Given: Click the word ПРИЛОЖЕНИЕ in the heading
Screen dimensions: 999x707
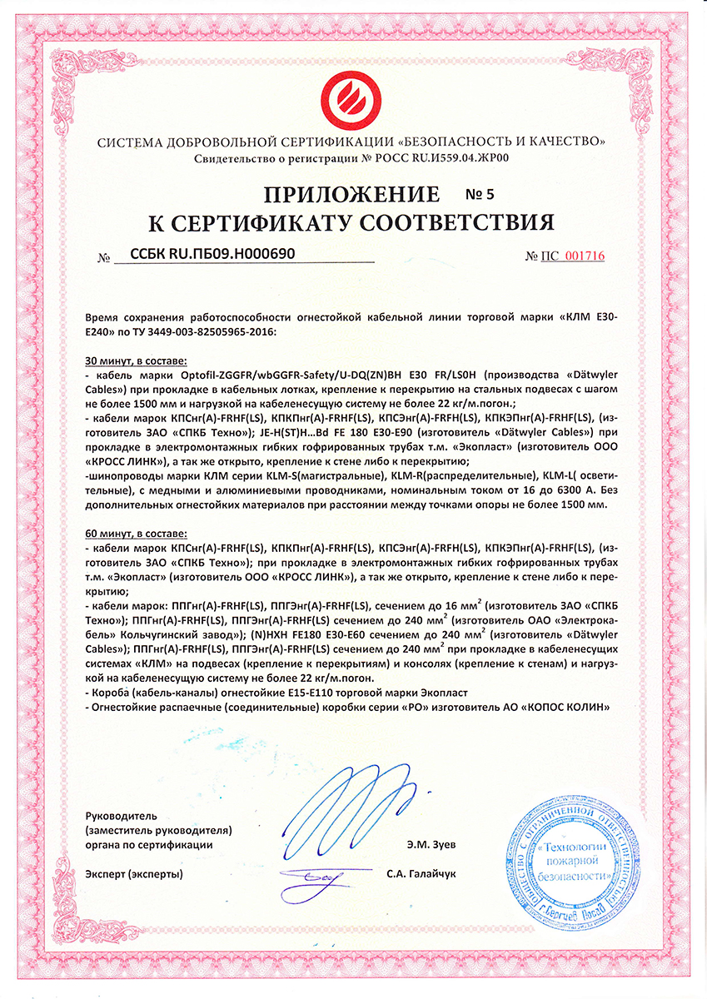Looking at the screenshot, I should coord(351,195).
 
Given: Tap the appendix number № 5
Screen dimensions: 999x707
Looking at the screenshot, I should coord(479,196).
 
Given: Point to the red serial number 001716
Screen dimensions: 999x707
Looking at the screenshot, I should coord(585,256).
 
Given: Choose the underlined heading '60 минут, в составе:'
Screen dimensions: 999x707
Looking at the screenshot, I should coord(137,531).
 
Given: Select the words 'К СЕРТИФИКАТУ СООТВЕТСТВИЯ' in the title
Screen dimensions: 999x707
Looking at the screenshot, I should coord(351,221).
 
